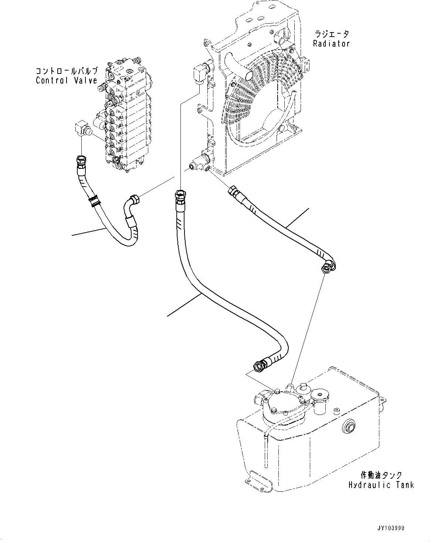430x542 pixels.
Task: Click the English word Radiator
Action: point(331,44)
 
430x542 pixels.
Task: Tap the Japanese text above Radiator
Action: point(331,34)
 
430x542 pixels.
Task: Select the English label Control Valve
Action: point(67,81)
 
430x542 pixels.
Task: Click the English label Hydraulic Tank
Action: point(381,485)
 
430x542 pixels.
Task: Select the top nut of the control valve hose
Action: point(81,161)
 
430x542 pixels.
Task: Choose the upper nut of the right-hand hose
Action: point(234,190)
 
